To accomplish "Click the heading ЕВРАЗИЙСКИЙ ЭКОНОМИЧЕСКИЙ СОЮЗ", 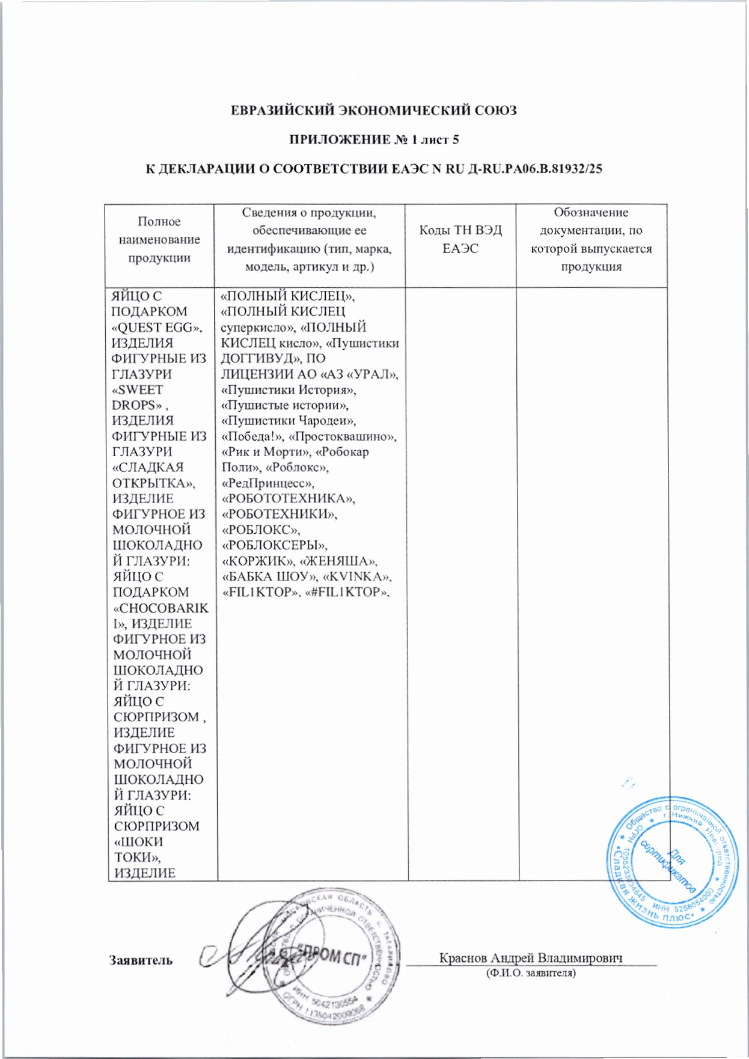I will (x=374, y=111).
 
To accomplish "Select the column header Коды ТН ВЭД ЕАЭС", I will (x=460, y=239).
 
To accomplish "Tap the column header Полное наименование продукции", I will (x=159, y=239).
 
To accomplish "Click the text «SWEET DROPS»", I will (x=138, y=397).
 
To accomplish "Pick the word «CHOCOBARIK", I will (x=160, y=608).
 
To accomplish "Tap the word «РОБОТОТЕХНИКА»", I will (x=289, y=499).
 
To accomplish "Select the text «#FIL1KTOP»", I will (x=344, y=593).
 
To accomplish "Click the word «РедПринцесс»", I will (x=268, y=483).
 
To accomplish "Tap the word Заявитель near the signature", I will (x=141, y=960).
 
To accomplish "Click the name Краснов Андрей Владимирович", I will (x=531, y=958).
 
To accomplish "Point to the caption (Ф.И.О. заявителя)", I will (x=531, y=972).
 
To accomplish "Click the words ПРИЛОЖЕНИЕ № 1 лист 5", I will (x=374, y=140).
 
